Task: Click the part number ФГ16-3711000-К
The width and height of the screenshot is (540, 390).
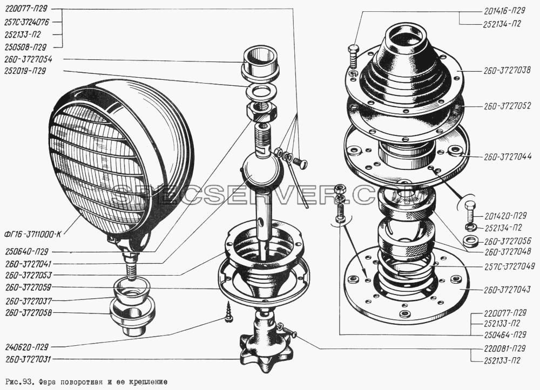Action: coord(33,235)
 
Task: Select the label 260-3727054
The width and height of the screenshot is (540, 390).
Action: coord(28,59)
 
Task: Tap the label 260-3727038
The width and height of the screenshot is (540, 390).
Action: coord(507,71)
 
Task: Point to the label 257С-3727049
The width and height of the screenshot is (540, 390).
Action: coord(509,266)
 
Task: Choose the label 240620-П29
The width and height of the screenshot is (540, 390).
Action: coord(27,347)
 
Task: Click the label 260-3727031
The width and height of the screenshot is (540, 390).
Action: coord(28,359)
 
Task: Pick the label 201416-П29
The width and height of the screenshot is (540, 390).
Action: coord(504,11)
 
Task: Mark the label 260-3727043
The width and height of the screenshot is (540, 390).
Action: coord(507,290)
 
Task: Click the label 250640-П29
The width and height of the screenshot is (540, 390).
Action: coord(27,251)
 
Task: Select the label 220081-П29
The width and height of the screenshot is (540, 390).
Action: coord(505,348)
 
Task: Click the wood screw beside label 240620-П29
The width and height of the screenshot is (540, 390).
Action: coord(228,311)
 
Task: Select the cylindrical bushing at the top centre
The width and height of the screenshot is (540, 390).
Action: coord(261,63)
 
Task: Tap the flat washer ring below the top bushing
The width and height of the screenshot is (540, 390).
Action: coord(262,92)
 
